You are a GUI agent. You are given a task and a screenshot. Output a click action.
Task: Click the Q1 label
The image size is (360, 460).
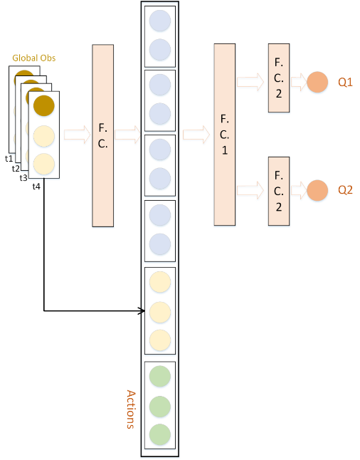346,83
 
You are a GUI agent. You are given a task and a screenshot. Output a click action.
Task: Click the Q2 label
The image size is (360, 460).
346,190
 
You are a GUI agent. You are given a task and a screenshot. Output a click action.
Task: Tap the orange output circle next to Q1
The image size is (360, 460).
317,83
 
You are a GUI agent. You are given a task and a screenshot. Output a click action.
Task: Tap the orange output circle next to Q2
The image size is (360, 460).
317,190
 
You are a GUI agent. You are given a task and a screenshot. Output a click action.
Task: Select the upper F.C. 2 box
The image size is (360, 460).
279,77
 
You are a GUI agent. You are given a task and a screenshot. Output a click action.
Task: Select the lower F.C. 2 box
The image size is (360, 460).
279,190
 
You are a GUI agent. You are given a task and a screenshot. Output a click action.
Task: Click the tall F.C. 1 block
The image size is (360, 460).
225,134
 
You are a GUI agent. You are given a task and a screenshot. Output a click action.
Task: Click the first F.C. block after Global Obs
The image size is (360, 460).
103,135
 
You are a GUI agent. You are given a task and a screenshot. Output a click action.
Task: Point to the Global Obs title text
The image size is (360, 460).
33,58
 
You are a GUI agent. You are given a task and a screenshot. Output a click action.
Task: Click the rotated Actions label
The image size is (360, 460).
130,409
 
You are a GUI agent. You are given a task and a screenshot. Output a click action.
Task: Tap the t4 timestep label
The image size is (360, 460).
36,186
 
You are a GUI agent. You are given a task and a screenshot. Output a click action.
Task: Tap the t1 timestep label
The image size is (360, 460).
9,158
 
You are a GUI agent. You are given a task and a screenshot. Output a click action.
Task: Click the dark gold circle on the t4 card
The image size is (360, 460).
44,105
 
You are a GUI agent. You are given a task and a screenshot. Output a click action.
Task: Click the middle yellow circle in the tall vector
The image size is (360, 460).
160,311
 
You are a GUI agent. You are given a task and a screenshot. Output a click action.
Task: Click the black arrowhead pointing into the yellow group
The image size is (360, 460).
140,311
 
